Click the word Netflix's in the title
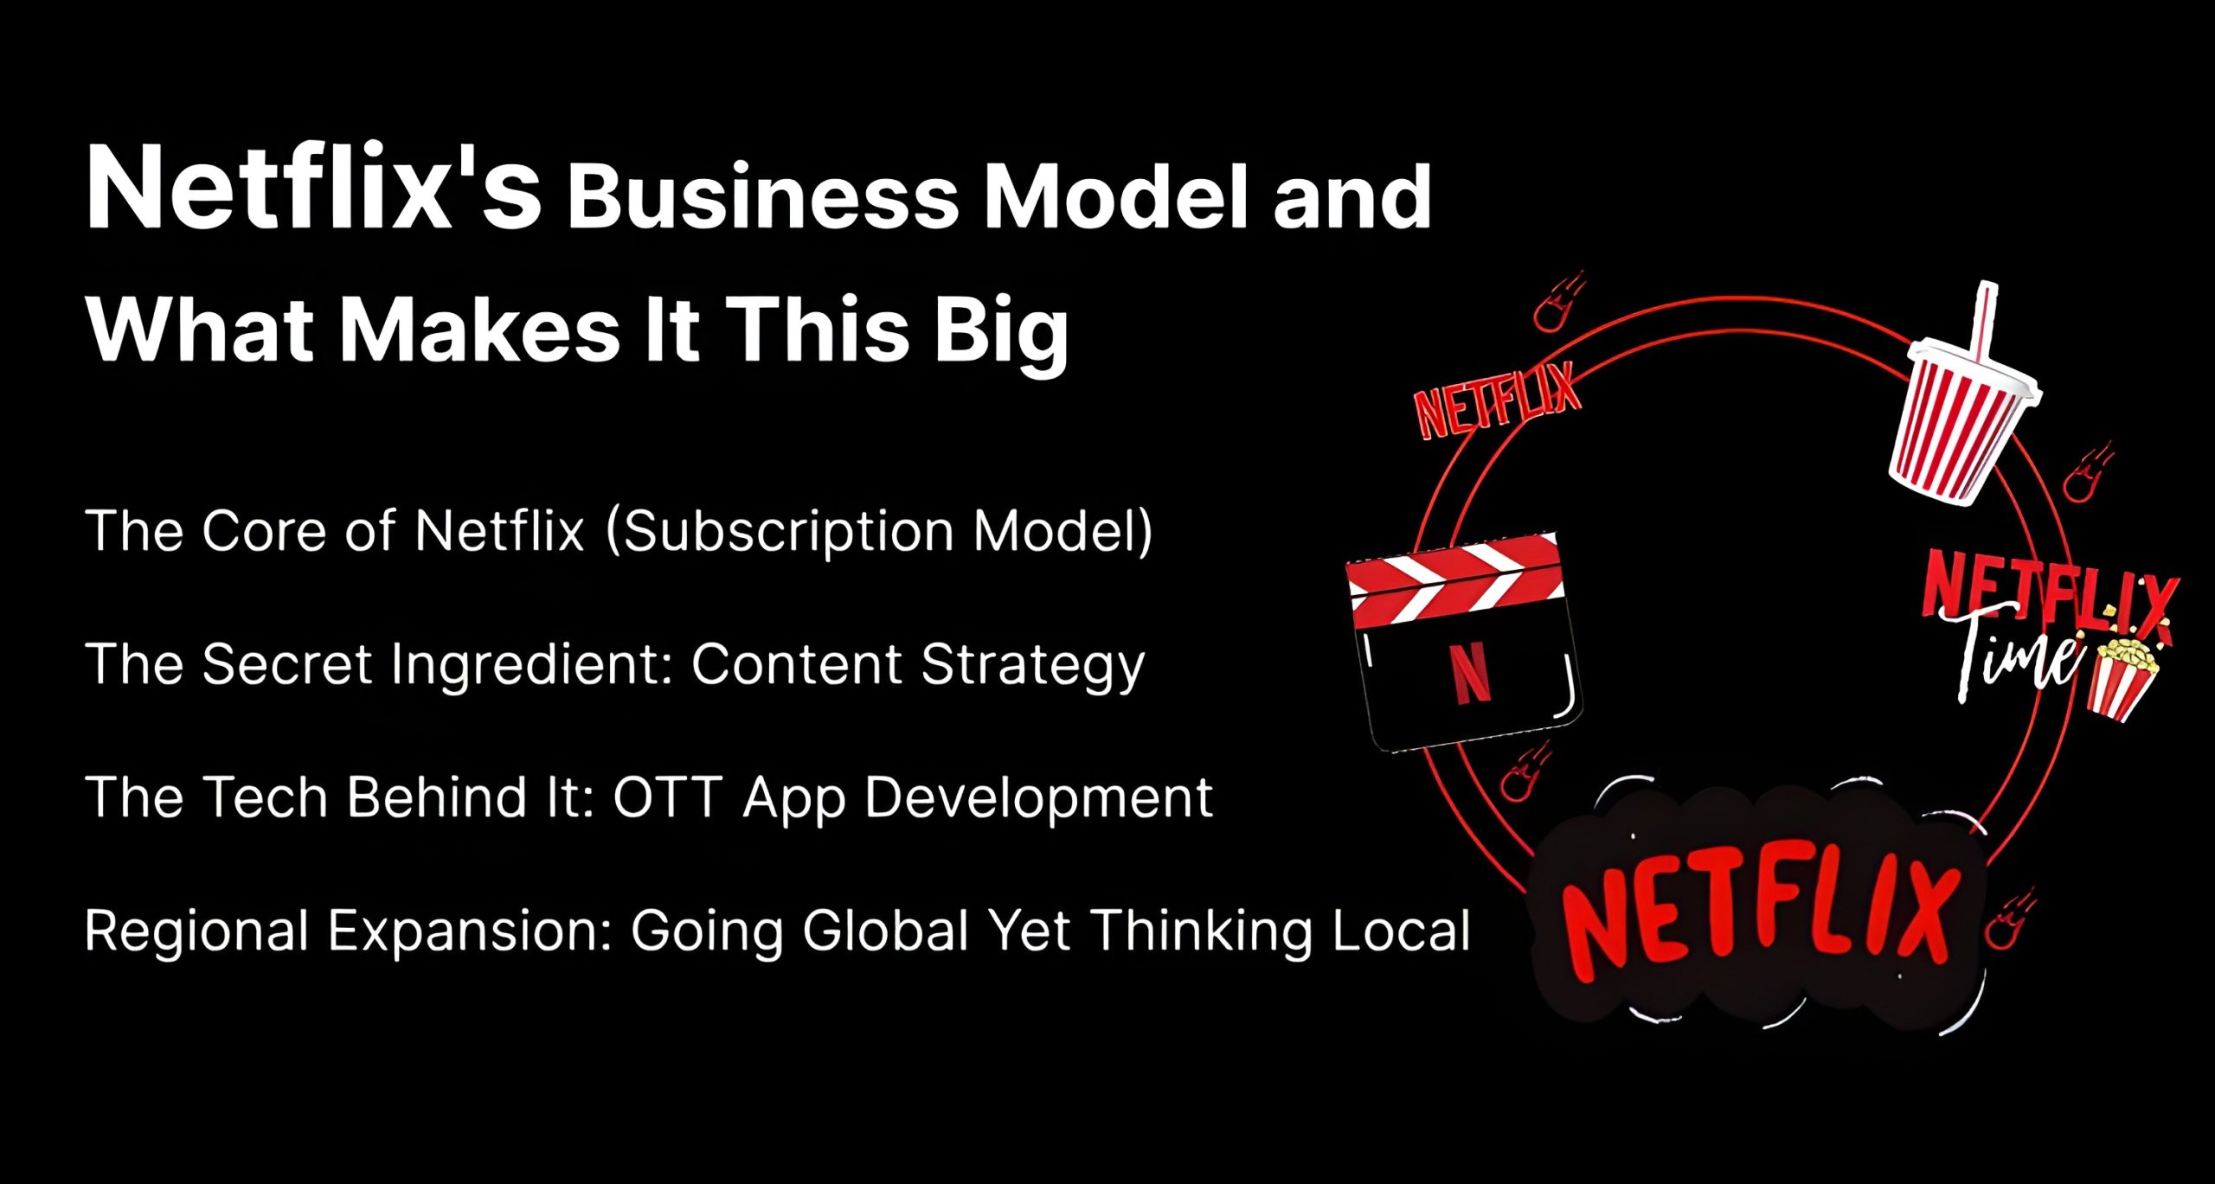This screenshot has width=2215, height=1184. [x=313, y=189]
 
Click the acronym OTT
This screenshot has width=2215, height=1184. [x=667, y=797]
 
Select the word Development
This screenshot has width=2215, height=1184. [x=1038, y=798]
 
